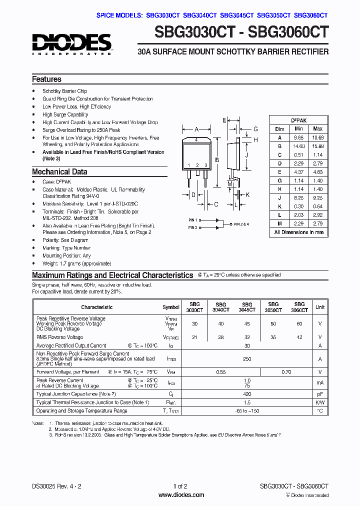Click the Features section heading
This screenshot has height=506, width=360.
click(x=46, y=79)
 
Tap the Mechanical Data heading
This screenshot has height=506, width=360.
click(x=59, y=171)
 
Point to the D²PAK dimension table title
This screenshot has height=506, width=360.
click(x=299, y=120)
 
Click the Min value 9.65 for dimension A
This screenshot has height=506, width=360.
click(x=298, y=137)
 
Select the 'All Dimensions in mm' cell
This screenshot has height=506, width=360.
click(x=299, y=232)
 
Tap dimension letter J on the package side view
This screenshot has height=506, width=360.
click(x=247, y=155)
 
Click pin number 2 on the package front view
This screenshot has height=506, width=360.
click(x=197, y=165)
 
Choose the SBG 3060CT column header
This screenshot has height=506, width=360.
click(x=299, y=307)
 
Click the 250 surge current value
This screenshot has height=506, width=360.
click(x=247, y=359)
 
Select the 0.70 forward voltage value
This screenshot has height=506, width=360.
click(x=286, y=372)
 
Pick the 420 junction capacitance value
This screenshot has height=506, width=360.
click(x=247, y=394)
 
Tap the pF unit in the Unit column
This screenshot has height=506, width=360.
click(x=319, y=394)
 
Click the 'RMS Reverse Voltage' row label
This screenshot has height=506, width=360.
click(x=59, y=337)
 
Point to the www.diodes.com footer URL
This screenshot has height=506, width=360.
click(x=180, y=495)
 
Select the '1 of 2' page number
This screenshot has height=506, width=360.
click(x=180, y=486)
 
